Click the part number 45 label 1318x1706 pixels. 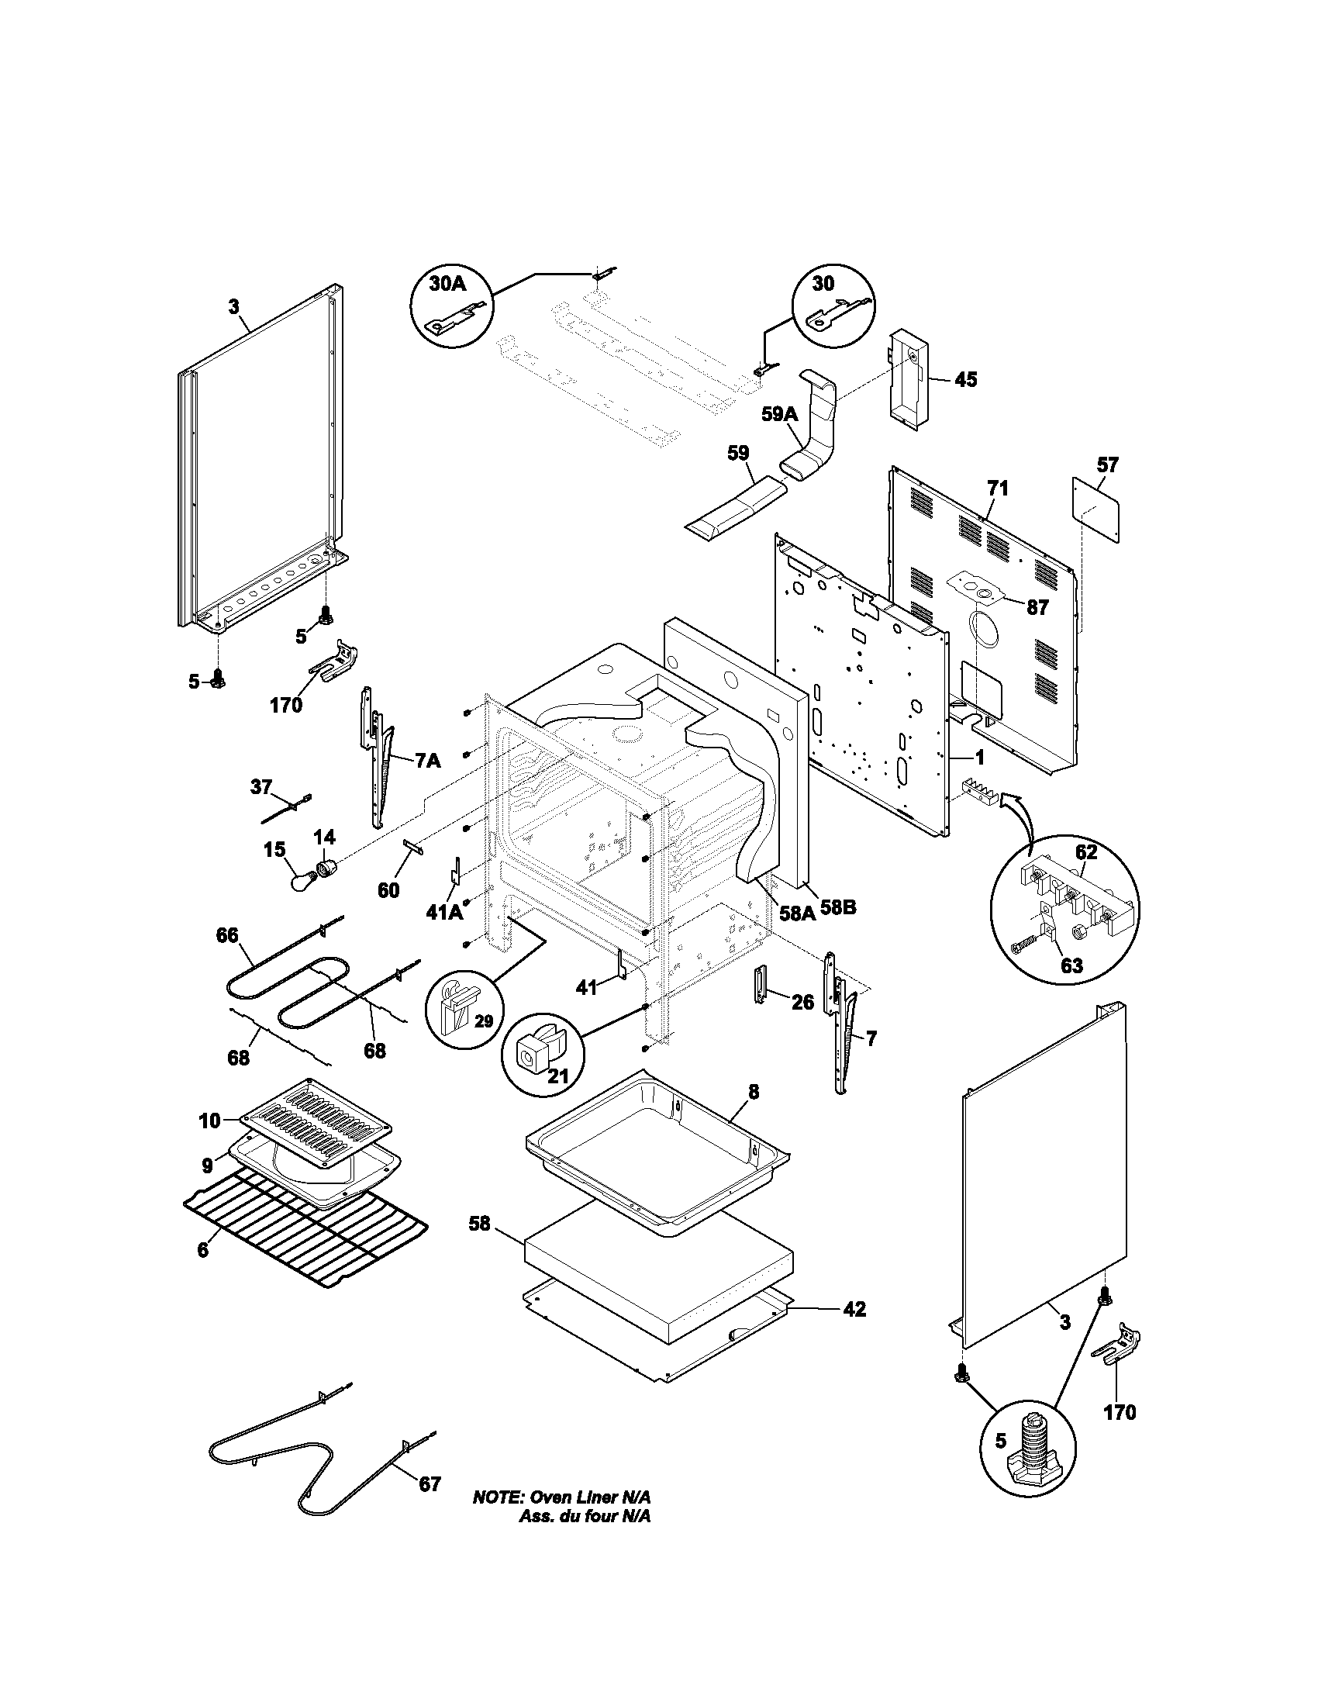click(x=966, y=380)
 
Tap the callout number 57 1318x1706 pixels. click(x=1107, y=464)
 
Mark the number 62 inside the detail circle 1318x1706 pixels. click(x=1086, y=852)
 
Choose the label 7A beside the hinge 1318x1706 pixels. click(x=426, y=760)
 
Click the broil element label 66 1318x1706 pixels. click(x=227, y=935)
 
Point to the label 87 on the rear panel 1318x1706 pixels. click(x=1037, y=607)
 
